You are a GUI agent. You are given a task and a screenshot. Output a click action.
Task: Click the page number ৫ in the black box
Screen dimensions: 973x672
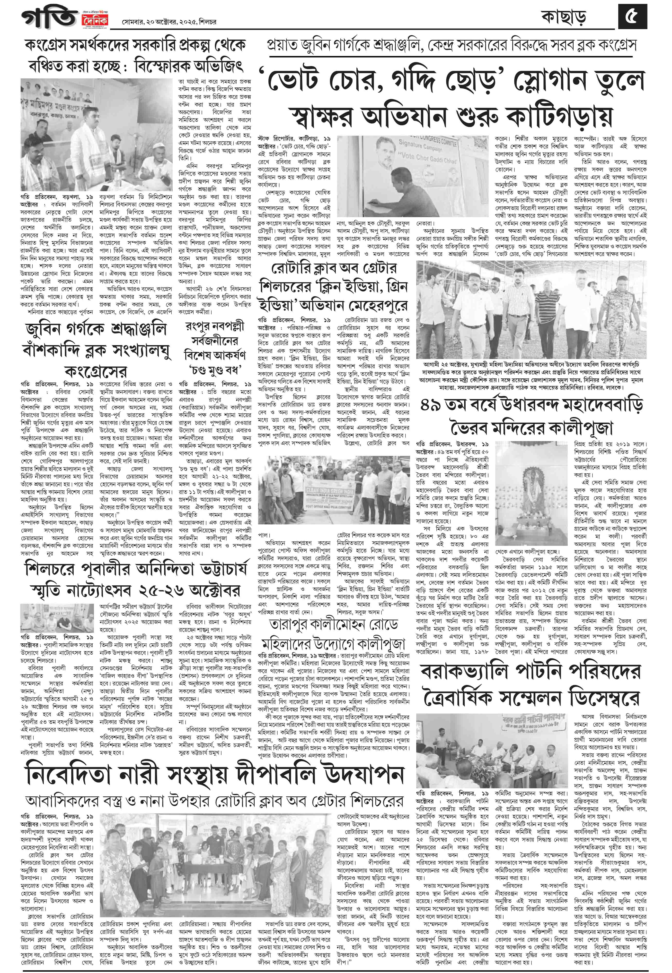point(632,18)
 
